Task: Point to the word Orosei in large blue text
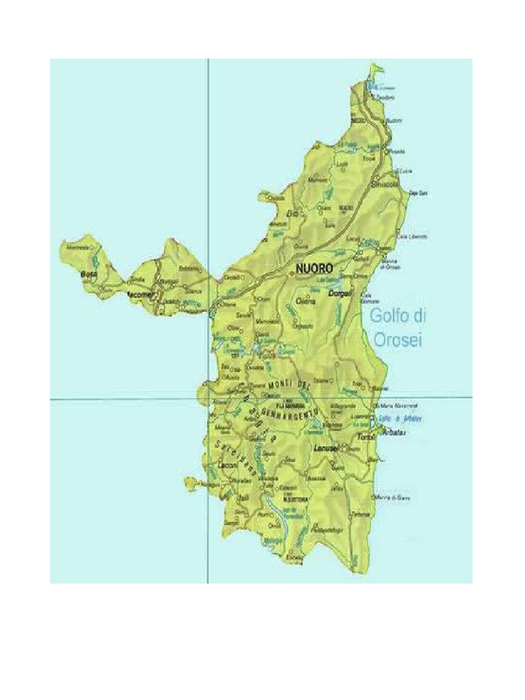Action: click(x=396, y=339)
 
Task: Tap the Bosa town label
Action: click(x=90, y=273)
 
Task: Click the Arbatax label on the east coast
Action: click(x=392, y=433)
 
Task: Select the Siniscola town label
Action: click(x=385, y=184)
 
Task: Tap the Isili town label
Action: click(x=243, y=499)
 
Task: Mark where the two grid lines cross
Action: click(x=208, y=397)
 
